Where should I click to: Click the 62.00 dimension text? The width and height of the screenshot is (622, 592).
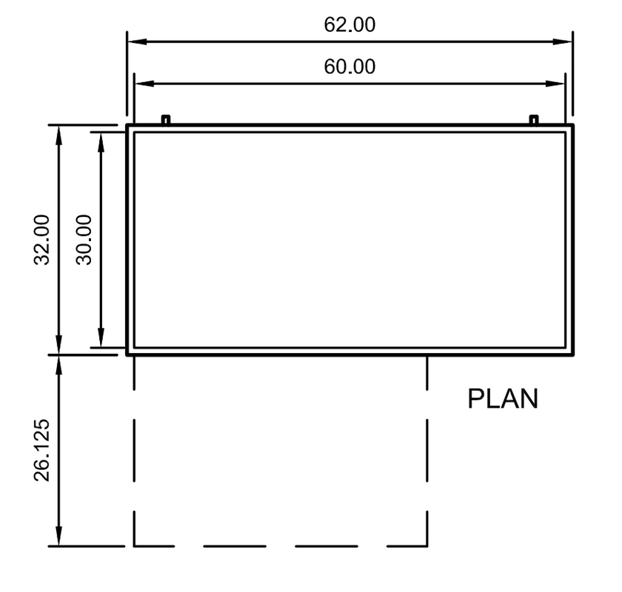pyautogui.click(x=350, y=24)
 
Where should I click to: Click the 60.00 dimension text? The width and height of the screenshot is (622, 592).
pyautogui.click(x=350, y=67)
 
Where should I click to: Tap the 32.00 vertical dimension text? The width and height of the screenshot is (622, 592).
pyautogui.click(x=41, y=240)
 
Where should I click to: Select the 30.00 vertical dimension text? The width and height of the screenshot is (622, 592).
pyautogui.click(x=84, y=240)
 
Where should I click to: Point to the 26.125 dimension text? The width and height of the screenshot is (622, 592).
pyautogui.click(x=41, y=450)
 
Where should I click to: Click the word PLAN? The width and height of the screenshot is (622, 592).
pyautogui.click(x=503, y=399)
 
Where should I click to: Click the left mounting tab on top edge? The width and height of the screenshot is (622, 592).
pyautogui.click(x=166, y=120)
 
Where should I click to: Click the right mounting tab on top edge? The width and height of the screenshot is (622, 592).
pyautogui.click(x=534, y=120)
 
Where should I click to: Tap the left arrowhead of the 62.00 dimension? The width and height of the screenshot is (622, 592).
pyautogui.click(x=137, y=41)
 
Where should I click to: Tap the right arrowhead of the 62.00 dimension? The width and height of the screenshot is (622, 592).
pyautogui.click(x=563, y=41)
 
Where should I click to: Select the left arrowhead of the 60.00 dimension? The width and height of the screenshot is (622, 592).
pyautogui.click(x=144, y=84)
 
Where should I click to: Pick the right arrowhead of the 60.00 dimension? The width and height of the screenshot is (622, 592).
pyautogui.click(x=555, y=84)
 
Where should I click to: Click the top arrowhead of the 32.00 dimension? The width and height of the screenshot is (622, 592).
pyautogui.click(x=58, y=135)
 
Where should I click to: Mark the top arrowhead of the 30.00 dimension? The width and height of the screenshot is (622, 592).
pyautogui.click(x=101, y=142)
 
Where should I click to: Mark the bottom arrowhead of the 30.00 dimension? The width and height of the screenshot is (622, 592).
pyautogui.click(x=101, y=337)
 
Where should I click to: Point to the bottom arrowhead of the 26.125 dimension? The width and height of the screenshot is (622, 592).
pyautogui.click(x=58, y=536)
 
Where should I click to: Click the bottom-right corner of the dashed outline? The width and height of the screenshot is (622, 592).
pyautogui.click(x=427, y=546)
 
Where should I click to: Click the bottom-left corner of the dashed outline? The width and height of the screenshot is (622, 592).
pyautogui.click(x=134, y=546)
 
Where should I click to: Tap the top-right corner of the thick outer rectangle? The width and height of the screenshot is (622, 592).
pyautogui.click(x=573, y=125)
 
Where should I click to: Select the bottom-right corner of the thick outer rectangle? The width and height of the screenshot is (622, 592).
pyautogui.click(x=573, y=355)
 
